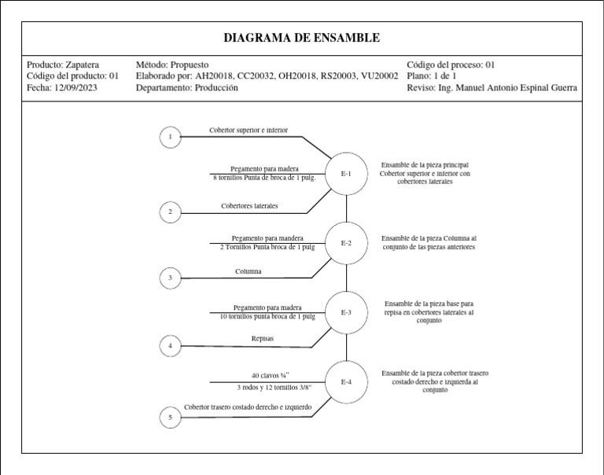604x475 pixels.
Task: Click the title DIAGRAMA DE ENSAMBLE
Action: [301, 38]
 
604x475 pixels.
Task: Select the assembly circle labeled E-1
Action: [346, 173]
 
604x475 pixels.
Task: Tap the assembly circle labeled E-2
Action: [346, 243]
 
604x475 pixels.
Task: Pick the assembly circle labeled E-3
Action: [346, 312]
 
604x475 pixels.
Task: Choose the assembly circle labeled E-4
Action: [346, 382]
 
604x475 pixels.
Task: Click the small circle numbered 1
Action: [170, 138]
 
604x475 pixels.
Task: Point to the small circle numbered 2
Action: [170, 212]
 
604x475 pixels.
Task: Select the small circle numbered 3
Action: [170, 278]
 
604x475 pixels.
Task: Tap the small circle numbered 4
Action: [170, 345]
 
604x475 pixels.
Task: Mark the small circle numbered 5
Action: [170, 418]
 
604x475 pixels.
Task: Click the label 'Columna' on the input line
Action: [249, 271]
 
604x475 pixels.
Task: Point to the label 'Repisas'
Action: [263, 339]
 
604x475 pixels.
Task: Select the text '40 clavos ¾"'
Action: [271, 375]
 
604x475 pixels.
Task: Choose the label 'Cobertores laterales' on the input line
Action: [249, 206]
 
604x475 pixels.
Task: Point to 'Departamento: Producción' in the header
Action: [186, 88]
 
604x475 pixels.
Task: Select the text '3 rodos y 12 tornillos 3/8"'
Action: [274, 388]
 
